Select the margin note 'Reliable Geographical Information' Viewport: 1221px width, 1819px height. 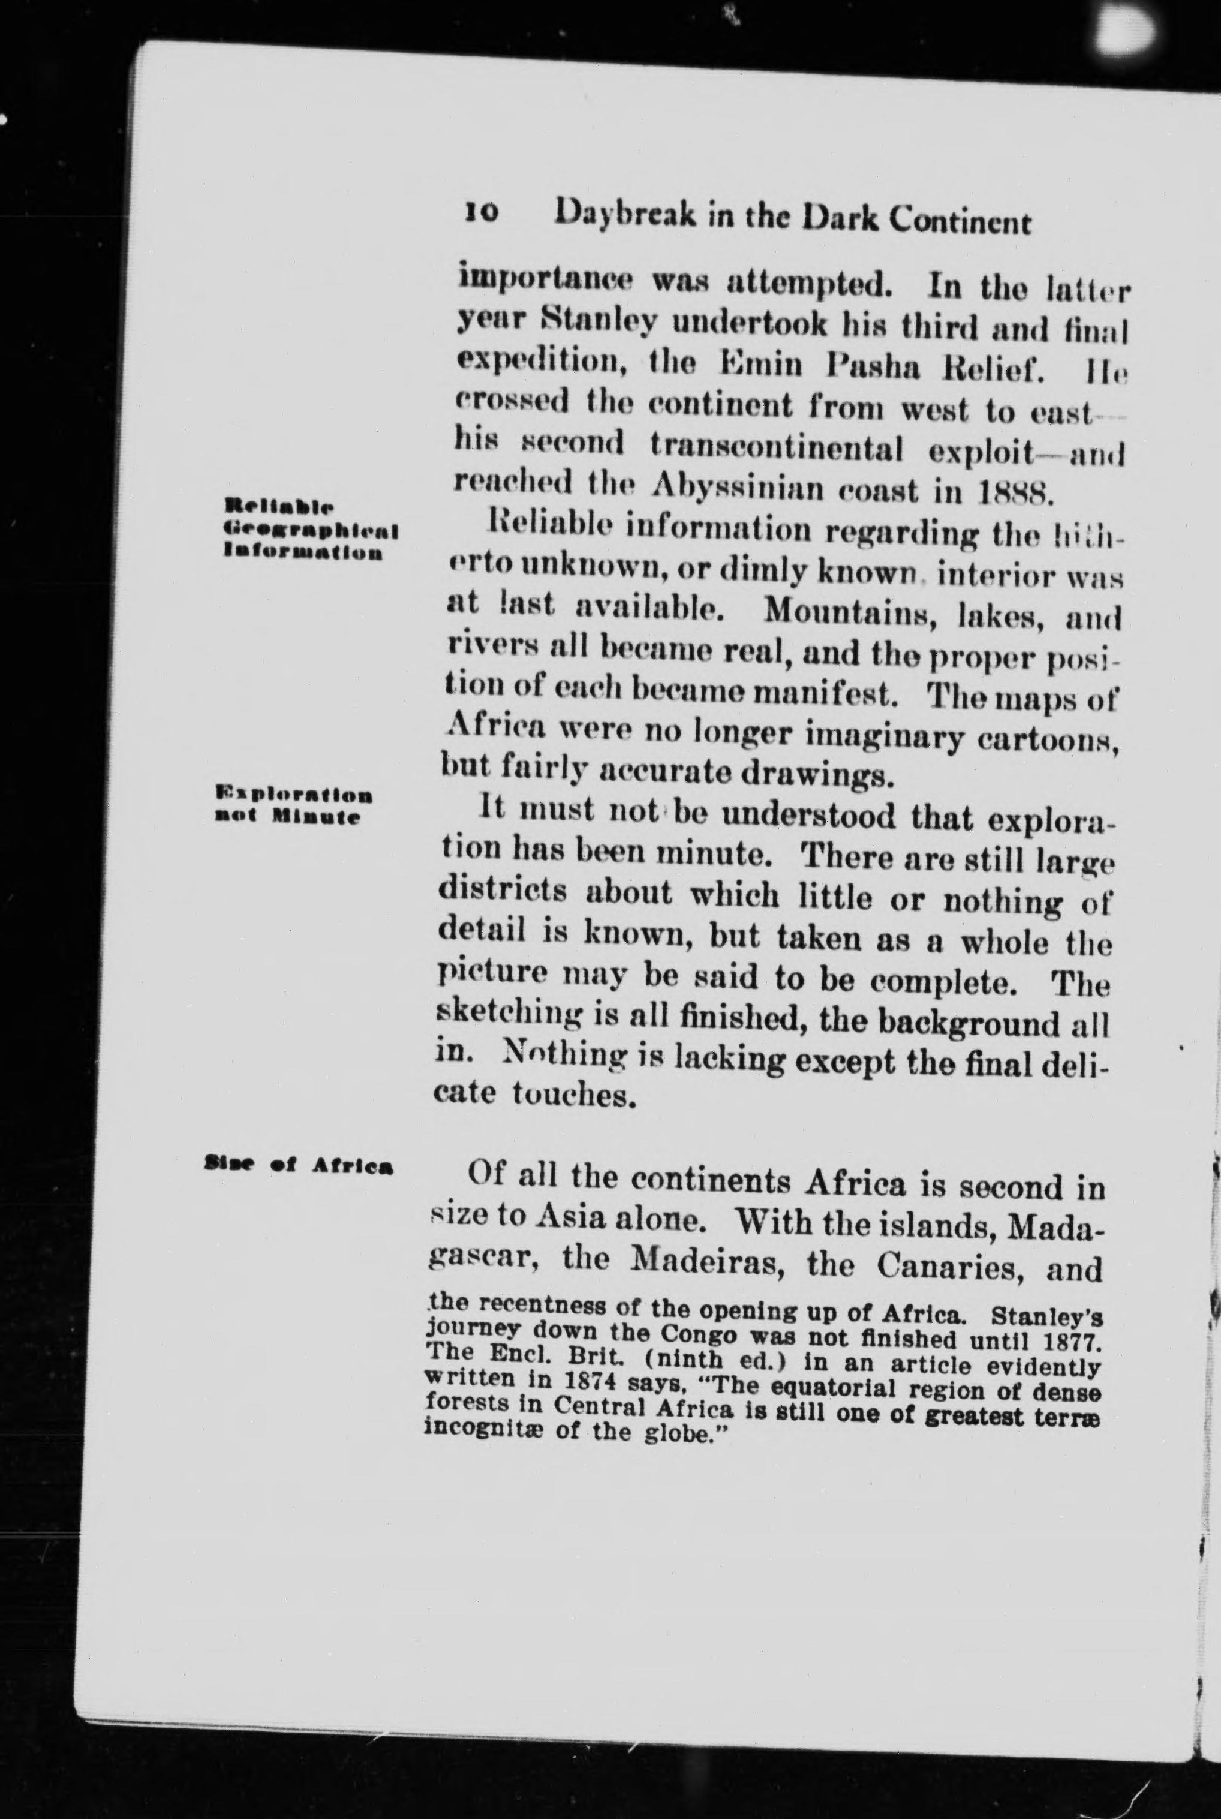310,530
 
